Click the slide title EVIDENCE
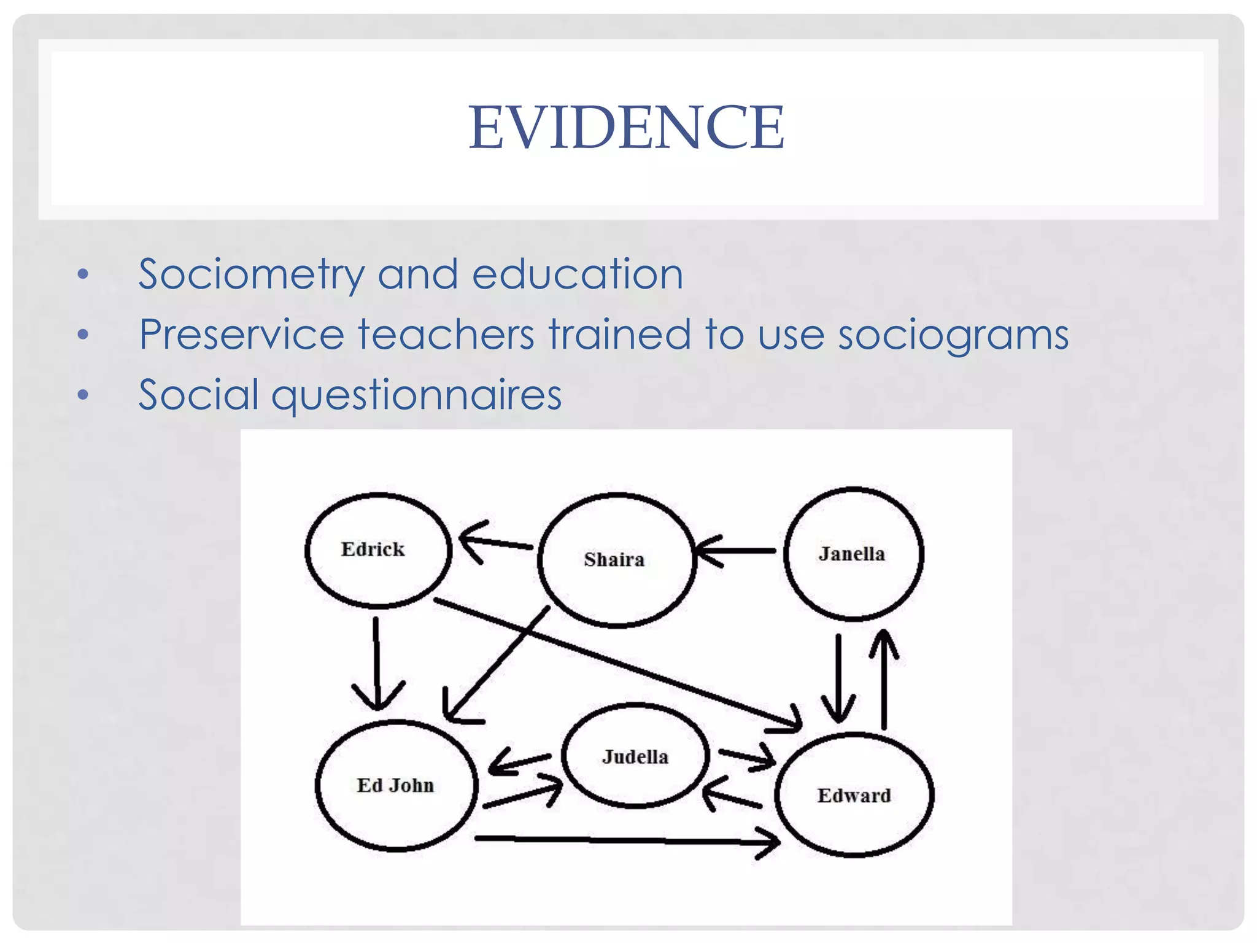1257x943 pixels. [626, 127]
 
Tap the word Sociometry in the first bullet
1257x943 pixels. [250, 274]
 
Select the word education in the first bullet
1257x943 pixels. [577, 274]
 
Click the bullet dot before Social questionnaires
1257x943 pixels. [83, 395]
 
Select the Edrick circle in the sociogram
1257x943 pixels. [378, 550]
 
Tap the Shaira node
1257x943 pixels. [616, 560]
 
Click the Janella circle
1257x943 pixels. [853, 554]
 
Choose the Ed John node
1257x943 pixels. [396, 786]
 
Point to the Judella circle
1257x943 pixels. [635, 756]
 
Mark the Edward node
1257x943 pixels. [854, 795]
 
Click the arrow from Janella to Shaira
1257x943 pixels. [737, 551]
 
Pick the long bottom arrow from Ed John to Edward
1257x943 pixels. [626, 840]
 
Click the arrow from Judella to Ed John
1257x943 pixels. [520, 763]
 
